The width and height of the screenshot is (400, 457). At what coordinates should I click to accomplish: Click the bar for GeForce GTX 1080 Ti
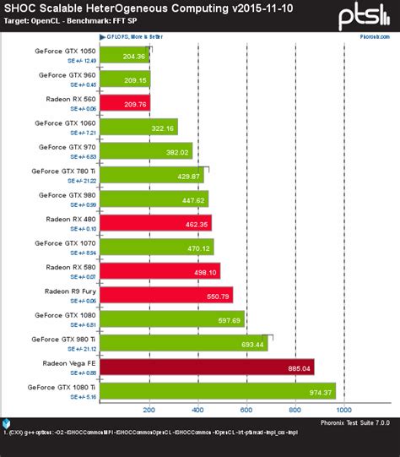click(x=218, y=391)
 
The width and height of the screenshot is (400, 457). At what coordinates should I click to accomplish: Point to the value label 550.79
click(x=218, y=296)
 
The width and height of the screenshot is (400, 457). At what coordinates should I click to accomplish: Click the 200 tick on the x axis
click(x=149, y=411)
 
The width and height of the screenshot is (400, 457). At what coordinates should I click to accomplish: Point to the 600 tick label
click(x=247, y=411)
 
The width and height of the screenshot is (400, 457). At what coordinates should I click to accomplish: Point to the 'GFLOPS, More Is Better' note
click(x=138, y=37)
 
